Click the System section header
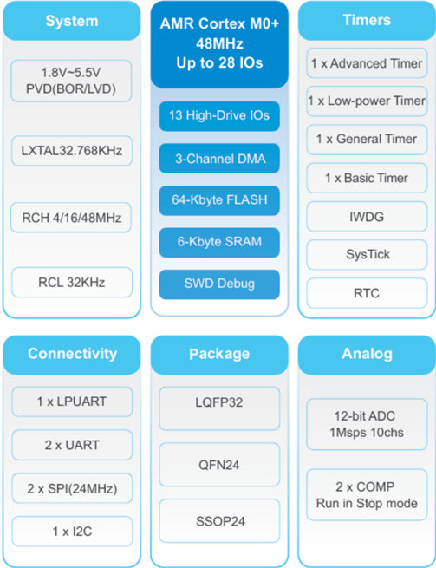(x=72, y=21)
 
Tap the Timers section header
(x=367, y=21)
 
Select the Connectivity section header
(x=72, y=355)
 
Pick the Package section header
(x=219, y=355)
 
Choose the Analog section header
(x=367, y=355)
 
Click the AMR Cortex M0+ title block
(x=219, y=44)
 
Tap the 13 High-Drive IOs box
(x=219, y=116)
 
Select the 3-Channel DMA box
(x=219, y=159)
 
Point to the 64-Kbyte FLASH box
(x=219, y=200)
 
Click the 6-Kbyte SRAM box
(x=219, y=242)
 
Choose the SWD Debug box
(x=219, y=284)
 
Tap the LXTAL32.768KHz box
(x=72, y=151)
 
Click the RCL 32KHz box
(x=72, y=282)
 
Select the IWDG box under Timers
(x=367, y=217)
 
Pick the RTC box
(x=367, y=293)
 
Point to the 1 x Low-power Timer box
(x=367, y=101)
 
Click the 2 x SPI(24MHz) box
(x=72, y=489)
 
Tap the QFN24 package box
(x=219, y=465)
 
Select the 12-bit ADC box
(x=367, y=424)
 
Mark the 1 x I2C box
(x=72, y=532)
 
